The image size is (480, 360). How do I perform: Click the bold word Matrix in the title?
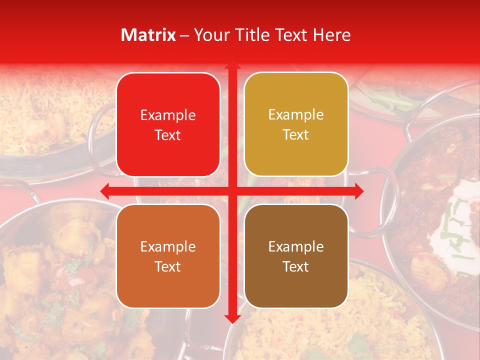(x=148, y=35)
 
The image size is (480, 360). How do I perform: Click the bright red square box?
(x=168, y=124)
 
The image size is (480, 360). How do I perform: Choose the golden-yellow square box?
(x=296, y=124)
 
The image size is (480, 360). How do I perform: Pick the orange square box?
(x=168, y=256)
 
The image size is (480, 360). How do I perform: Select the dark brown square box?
(x=296, y=256)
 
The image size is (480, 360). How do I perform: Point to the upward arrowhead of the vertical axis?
(x=232, y=66)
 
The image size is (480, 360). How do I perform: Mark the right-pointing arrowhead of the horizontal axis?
(x=358, y=190)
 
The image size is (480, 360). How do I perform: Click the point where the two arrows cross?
(x=232, y=190)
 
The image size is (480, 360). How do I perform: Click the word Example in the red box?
(x=168, y=115)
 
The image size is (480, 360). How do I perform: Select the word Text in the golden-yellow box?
(x=296, y=135)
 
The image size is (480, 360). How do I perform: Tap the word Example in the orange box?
(x=168, y=247)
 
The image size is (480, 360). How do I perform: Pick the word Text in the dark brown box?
(x=296, y=266)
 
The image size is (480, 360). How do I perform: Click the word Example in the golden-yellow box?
(x=296, y=115)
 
